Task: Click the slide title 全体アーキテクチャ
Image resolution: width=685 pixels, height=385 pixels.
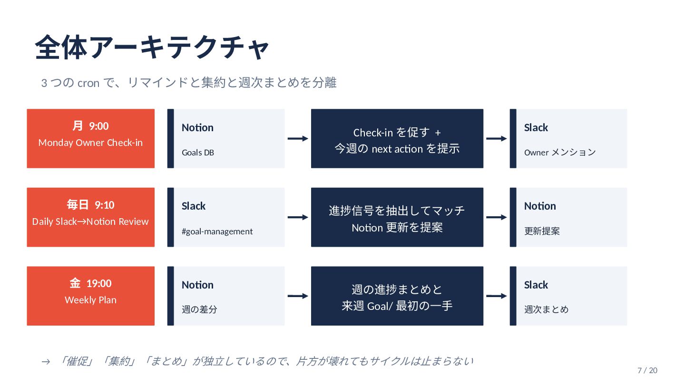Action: pos(152,47)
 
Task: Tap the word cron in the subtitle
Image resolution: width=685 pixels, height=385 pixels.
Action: pos(88,83)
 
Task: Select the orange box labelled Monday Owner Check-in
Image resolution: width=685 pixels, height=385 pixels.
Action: pos(90,138)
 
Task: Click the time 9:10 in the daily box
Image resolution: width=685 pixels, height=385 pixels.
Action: pos(105,205)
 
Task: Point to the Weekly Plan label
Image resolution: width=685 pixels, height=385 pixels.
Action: pos(90,300)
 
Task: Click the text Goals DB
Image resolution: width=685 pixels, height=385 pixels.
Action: pos(198,153)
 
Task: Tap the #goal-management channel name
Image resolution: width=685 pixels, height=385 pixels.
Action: pos(217,231)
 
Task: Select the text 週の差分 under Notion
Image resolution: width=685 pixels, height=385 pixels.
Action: pos(199,309)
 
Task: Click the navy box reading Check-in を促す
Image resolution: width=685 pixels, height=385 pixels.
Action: pos(397,138)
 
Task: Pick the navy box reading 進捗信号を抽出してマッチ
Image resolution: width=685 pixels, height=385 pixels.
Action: pos(397,217)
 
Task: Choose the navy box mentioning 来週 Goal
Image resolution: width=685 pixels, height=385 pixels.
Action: pos(397,296)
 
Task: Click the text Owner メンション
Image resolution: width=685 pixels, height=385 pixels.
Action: pos(560,152)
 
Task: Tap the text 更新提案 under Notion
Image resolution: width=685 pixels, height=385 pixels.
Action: pos(542,231)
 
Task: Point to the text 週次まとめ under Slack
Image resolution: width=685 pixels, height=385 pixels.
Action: pos(546,309)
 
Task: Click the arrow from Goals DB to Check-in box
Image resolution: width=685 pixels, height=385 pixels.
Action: pos(298,138)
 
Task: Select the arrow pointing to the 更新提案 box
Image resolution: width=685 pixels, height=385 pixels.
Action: pos(497,217)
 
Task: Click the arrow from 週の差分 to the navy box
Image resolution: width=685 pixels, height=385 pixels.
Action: pos(298,296)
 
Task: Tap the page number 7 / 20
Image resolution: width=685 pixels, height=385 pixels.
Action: pos(647,370)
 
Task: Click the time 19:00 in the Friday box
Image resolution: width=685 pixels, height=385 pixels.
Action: pos(99,284)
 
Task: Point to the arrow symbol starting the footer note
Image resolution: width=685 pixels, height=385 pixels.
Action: pos(46,362)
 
